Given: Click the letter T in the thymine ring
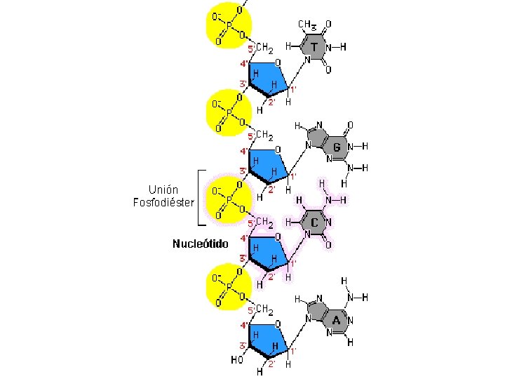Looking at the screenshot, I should (314, 48).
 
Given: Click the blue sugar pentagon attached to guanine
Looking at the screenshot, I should (265, 163).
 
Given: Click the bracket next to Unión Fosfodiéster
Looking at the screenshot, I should (201, 198).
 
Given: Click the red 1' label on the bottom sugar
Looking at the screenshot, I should (293, 350).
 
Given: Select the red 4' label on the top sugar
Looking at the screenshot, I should (243, 64).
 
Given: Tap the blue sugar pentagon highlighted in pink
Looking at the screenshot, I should (265, 251).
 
